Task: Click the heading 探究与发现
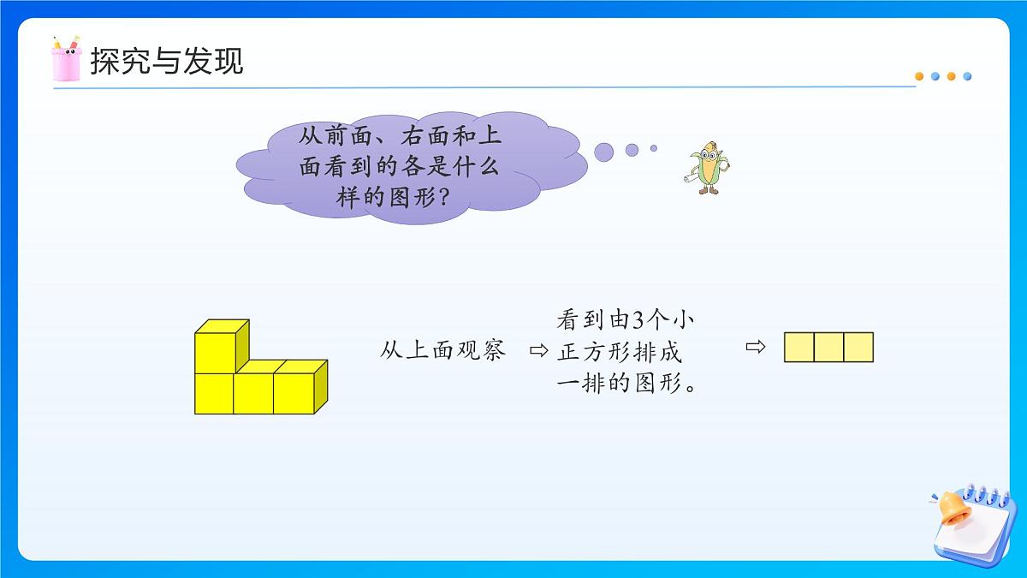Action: tap(167, 61)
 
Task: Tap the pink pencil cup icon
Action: tap(66, 59)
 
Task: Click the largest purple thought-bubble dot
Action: tap(604, 152)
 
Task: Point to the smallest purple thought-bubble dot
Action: tap(653, 148)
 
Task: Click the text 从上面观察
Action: tap(443, 351)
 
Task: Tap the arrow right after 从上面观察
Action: tap(537, 351)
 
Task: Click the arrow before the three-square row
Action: tap(754, 347)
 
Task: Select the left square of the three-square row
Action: tap(799, 348)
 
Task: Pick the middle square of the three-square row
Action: tap(828, 348)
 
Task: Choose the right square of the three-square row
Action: tap(858, 348)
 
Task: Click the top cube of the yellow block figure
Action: tap(216, 352)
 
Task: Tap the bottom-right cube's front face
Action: tap(294, 393)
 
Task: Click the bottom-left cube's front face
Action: tap(215, 393)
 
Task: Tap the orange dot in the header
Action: tap(919, 76)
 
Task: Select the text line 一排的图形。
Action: tap(625, 384)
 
